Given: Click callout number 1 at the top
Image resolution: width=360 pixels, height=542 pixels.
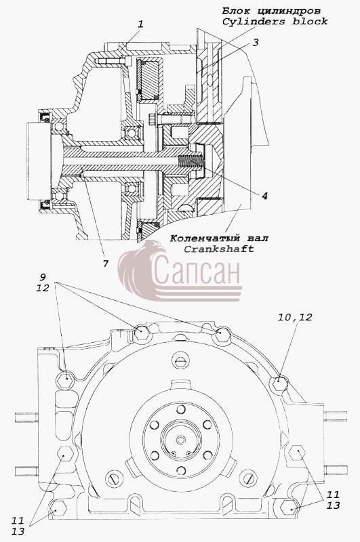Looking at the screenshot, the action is tap(140, 24).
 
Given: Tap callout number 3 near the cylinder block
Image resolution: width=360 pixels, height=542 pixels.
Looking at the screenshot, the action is tap(255, 43).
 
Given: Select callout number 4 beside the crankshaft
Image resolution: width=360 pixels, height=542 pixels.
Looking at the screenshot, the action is tap(264, 196).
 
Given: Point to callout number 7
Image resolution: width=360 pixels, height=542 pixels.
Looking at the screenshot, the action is tap(106, 264).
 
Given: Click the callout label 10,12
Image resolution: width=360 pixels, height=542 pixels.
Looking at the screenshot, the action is tap(295, 317).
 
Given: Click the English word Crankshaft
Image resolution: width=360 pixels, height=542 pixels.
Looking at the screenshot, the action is tap(218, 249).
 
